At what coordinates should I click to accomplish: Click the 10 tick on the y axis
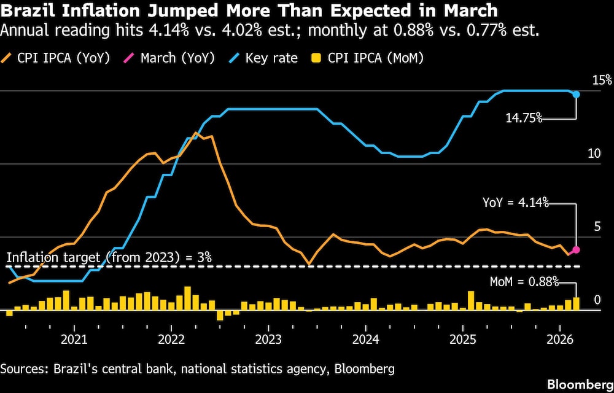[x=594, y=154]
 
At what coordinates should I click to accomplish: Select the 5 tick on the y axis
[x=597, y=227]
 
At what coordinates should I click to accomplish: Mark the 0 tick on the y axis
[x=597, y=300]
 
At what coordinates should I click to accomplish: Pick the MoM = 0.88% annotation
[x=524, y=282]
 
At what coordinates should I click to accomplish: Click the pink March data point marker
[x=576, y=250]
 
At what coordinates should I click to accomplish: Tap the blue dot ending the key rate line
[x=576, y=94]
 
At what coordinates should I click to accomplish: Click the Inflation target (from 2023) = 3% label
[x=109, y=257]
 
